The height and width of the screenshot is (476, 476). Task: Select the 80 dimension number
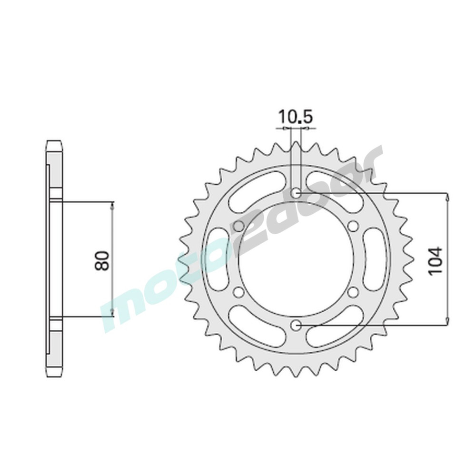coord(102,260)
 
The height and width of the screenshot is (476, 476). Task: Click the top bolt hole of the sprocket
coord(296,193)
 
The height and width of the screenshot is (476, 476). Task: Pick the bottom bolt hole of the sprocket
coord(296,325)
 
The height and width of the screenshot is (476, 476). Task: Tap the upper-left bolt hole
coord(239,226)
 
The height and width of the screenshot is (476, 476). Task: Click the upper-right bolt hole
coord(353,226)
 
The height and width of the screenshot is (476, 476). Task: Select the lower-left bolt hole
coord(239,292)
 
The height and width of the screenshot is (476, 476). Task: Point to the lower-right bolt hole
coord(353,292)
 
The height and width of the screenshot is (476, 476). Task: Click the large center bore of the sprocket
coord(296,259)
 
